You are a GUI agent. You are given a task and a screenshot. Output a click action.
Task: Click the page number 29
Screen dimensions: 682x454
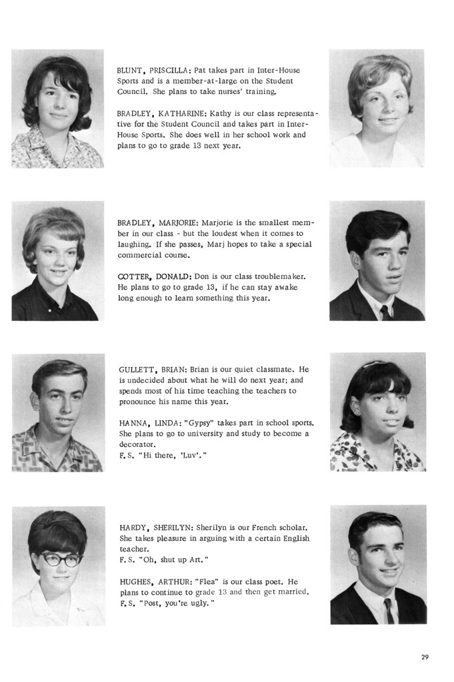pos(425,657)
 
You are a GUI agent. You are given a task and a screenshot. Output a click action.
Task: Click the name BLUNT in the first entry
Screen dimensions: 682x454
pos(131,70)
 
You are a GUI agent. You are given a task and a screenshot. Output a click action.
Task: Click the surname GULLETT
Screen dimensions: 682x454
pos(137,370)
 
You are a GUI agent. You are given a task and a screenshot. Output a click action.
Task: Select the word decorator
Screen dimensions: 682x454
pos(137,444)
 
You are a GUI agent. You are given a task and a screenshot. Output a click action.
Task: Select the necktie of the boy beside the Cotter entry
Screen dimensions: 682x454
pos(385,312)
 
